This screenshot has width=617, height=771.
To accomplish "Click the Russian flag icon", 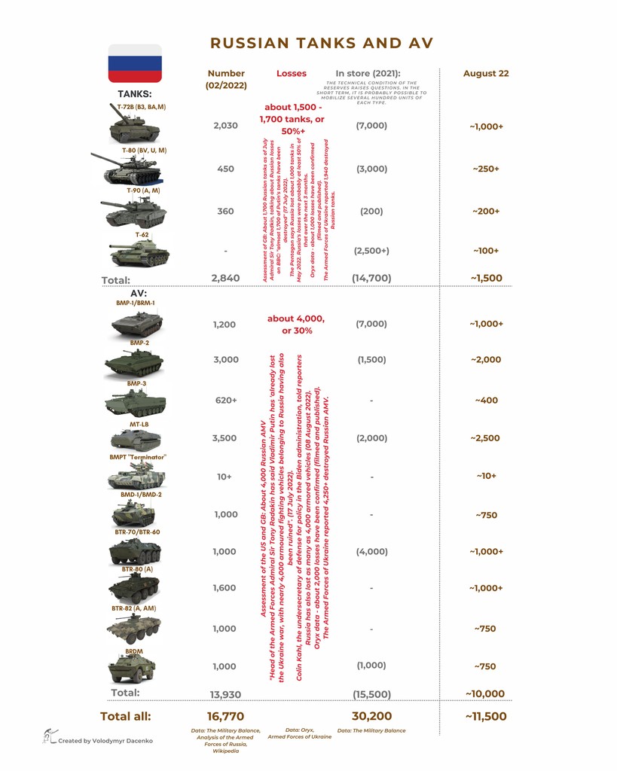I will tap(135, 63).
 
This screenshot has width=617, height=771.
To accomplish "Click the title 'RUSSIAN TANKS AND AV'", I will tap(322, 43).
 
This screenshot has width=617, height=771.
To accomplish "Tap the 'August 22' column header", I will tap(486, 74).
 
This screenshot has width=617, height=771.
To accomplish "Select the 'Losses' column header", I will tap(292, 74).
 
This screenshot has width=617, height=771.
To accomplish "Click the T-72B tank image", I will tap(134, 129).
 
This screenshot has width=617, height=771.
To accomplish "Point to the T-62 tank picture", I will tap(140, 255).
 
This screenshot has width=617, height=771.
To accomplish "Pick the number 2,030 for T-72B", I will tap(226, 126).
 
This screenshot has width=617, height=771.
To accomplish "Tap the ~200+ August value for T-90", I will tap(486, 212).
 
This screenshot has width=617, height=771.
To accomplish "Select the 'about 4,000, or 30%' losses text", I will tap(296, 325).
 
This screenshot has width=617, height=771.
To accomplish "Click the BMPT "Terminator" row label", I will tap(138, 457).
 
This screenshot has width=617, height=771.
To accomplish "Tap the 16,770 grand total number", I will tap(226, 717).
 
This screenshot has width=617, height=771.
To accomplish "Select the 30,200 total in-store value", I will tap(371, 717).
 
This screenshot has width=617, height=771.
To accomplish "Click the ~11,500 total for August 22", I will tap(486, 717).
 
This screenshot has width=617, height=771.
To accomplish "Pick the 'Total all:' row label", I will tap(126, 717).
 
